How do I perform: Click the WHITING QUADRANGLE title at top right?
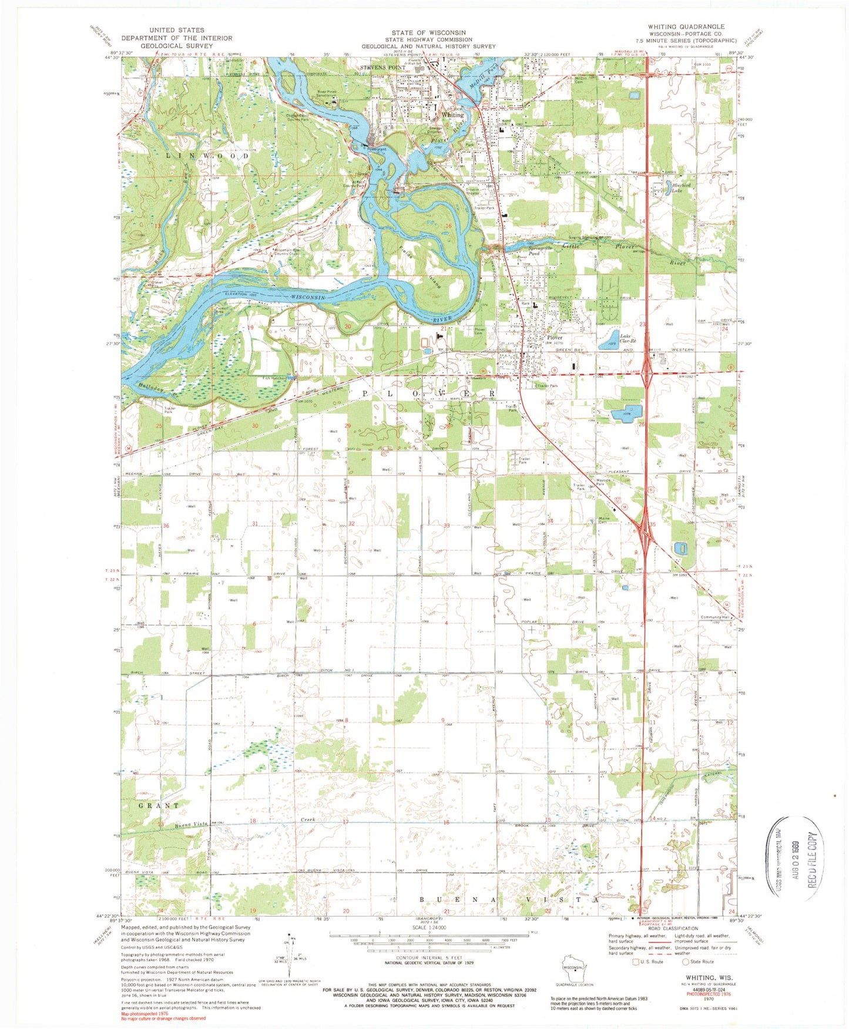(x=686, y=26)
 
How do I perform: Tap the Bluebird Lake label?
(x=682, y=188)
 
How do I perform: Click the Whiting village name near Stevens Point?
(x=452, y=115)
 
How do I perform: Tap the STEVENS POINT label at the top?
(x=383, y=68)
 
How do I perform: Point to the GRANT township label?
(x=159, y=805)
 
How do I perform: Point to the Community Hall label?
(x=714, y=617)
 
